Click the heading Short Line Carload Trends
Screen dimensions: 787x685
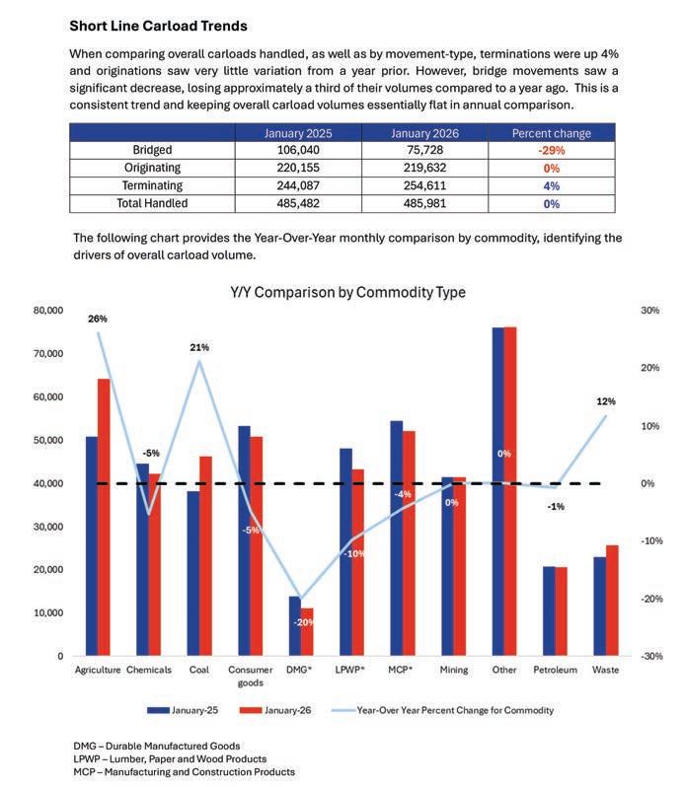(158, 25)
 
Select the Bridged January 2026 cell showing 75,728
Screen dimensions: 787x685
(424, 150)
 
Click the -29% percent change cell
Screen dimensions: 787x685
(551, 150)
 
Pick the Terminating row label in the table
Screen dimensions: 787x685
(152, 185)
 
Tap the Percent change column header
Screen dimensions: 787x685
(551, 132)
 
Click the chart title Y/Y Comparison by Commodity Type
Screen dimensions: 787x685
(347, 292)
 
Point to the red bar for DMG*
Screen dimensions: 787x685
(306, 631)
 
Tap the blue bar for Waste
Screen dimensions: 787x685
(598, 606)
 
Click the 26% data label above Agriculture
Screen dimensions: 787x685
(97, 319)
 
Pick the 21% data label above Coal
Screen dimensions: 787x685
(199, 347)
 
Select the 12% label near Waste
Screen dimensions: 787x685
(605, 401)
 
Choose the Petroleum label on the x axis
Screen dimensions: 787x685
(555, 670)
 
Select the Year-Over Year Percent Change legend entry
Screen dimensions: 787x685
(455, 709)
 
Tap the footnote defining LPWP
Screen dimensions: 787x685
(170, 758)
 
